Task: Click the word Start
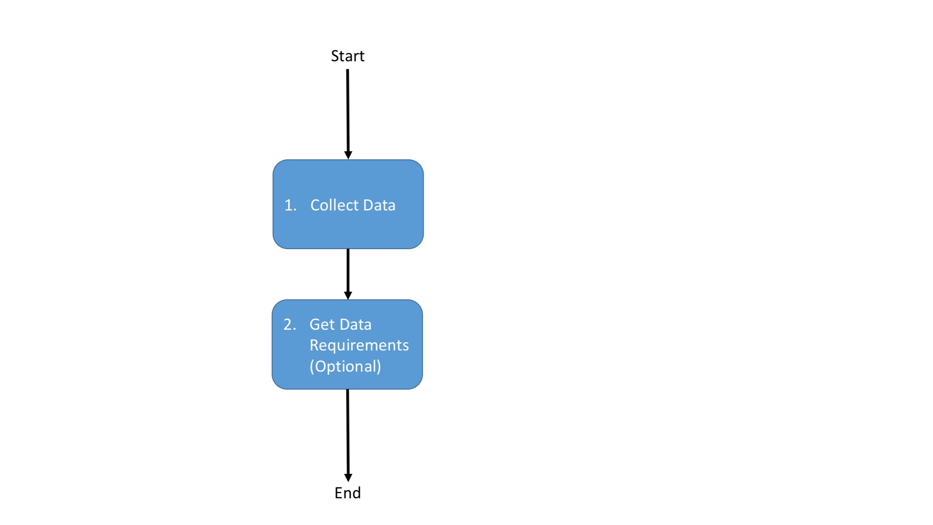coord(348,56)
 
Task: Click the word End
coord(348,493)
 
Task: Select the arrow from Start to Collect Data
coord(348,111)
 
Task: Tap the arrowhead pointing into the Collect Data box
coord(348,155)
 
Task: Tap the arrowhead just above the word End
coord(348,478)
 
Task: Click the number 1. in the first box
coord(290,205)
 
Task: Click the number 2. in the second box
coord(289,325)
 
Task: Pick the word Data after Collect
coord(379,205)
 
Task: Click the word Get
coord(322,325)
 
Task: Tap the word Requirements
coord(359,346)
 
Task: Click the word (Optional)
coord(345,367)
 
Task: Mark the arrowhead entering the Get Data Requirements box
coord(348,295)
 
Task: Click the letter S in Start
coord(335,56)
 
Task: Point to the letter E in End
coord(338,493)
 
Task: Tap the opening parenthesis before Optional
coord(312,367)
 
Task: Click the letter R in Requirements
coord(314,345)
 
